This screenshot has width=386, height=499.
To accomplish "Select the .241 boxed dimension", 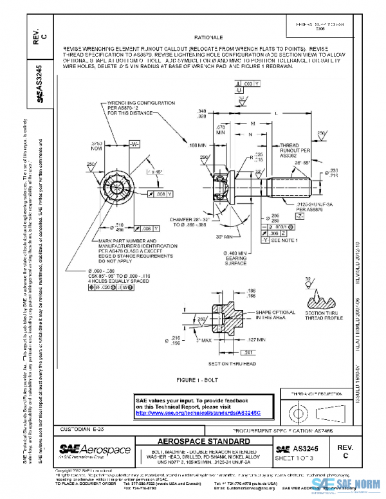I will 248,352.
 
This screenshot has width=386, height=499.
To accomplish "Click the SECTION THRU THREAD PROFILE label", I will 320,316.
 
